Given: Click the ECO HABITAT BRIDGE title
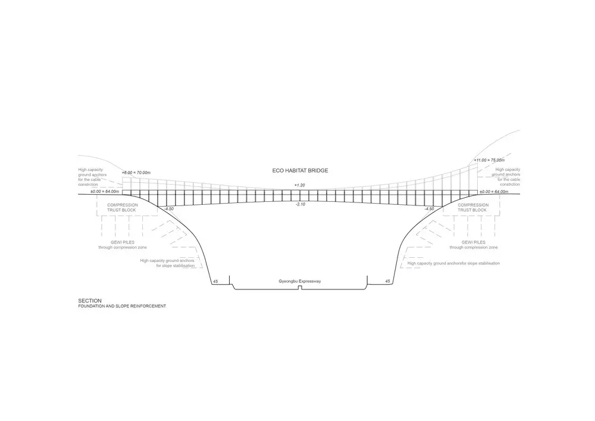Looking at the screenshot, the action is coord(300,171).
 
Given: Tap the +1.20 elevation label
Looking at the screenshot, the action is coord(300,185).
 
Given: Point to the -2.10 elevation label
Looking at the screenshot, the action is coord(300,204).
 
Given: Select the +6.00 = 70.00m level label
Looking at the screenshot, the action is coord(136,173).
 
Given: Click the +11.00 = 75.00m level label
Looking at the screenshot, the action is coord(489,160).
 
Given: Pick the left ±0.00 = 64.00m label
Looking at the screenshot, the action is coord(105,192).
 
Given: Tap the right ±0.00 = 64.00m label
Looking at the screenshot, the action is coord(494,192).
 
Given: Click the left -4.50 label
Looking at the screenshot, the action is coord(169,209).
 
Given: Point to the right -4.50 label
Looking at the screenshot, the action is coord(429,209).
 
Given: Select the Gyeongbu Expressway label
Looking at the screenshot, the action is coord(300,281).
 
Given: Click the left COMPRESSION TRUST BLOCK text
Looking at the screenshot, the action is coord(122,207).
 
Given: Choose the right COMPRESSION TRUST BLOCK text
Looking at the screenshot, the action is coord(473,207).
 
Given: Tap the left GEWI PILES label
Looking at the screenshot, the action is coord(123,242).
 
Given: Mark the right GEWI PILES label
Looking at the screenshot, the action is coord(474,242).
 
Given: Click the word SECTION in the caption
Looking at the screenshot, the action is coord(90,301).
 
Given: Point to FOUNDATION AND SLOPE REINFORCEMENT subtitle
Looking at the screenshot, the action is coord(122,306).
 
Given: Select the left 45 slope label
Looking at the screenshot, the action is coord(215,281).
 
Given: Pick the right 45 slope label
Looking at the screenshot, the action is coord(387,281).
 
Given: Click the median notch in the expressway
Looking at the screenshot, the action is coord(300,288).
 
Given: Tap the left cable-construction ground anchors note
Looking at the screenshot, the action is coord(93,177).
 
